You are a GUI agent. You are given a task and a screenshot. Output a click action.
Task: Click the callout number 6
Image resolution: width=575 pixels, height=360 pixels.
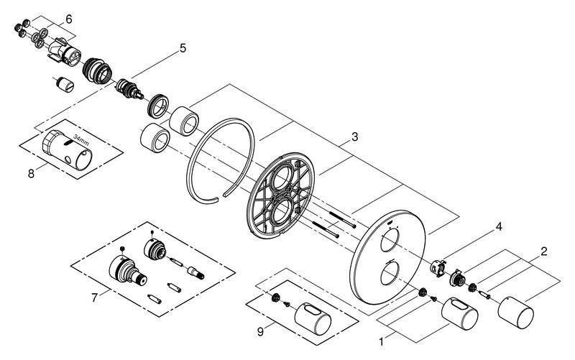point(69,19)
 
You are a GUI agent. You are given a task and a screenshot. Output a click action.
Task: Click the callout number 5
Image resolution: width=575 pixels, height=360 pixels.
point(183,48)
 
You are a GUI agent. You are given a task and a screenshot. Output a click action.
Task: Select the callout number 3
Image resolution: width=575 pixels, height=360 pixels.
point(354,137)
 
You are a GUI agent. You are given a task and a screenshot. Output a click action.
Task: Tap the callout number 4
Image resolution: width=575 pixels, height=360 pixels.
point(499,226)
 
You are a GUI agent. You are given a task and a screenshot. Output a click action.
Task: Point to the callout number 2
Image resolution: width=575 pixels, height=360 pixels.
point(543,251)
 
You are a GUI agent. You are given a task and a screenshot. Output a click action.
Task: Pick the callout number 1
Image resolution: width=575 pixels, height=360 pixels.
point(382,342)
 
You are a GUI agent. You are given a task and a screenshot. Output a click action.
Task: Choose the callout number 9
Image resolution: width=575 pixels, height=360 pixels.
point(260,332)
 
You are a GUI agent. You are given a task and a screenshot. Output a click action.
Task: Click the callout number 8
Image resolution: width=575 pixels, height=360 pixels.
point(31,173)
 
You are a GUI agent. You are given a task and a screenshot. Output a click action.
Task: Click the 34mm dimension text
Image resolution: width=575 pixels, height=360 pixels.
point(81,139)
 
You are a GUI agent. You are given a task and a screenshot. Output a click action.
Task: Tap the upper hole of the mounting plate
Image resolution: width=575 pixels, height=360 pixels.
point(282,176)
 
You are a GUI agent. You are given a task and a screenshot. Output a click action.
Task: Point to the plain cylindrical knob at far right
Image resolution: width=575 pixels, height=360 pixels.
point(515,313)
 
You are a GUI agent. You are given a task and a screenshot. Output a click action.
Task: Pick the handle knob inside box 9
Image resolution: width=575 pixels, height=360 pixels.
point(313,318)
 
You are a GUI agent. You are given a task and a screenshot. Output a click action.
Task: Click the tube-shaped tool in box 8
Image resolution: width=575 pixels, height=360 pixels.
point(66,149)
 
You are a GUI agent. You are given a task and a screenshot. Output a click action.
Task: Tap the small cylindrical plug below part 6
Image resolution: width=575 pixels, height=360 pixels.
point(65,84)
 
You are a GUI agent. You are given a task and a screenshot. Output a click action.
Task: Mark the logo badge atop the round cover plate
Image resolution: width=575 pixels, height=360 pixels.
point(390,222)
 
